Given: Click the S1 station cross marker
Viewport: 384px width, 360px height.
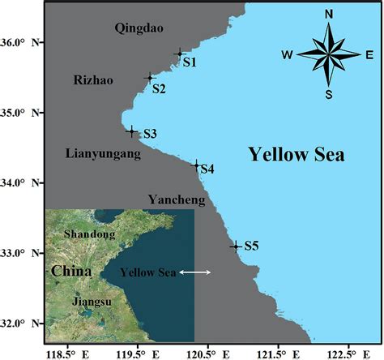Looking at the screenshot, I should point(180,54).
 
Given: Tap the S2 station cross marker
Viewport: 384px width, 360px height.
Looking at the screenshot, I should point(150,78).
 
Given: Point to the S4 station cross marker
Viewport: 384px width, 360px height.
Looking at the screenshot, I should point(195,165).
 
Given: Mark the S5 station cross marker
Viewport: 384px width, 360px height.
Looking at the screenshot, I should point(236,246).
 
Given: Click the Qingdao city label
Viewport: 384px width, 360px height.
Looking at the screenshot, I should point(139,28).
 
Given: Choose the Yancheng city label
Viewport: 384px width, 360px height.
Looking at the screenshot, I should point(176,199).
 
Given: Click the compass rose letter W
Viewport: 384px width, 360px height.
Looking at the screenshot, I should point(287,55).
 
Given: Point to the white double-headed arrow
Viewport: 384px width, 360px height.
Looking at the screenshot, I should point(195,272).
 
